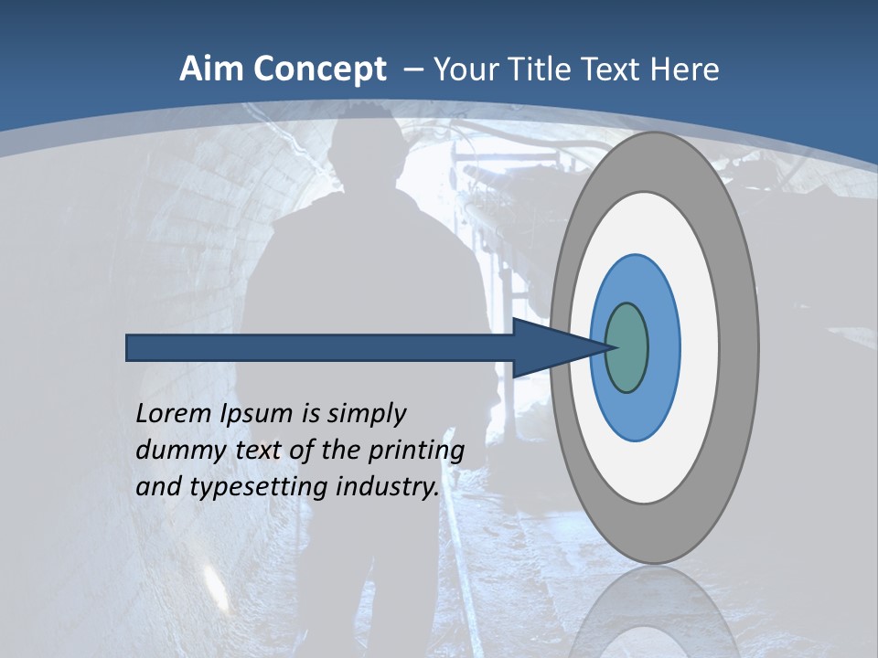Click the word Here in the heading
[x=685, y=69]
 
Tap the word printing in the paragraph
[x=416, y=451]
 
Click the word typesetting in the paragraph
[x=259, y=487]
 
